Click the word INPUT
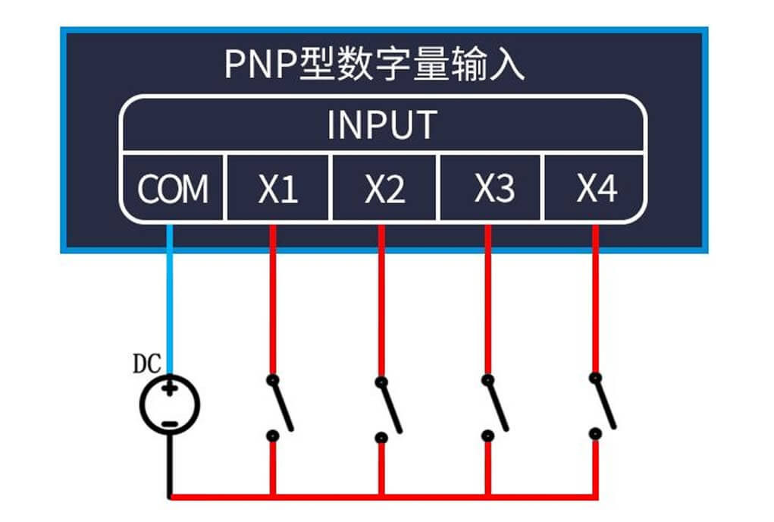click(382, 125)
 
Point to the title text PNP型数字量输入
click(374, 65)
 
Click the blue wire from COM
click(170, 303)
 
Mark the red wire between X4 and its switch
click(596, 303)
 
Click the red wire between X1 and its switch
click(273, 303)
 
